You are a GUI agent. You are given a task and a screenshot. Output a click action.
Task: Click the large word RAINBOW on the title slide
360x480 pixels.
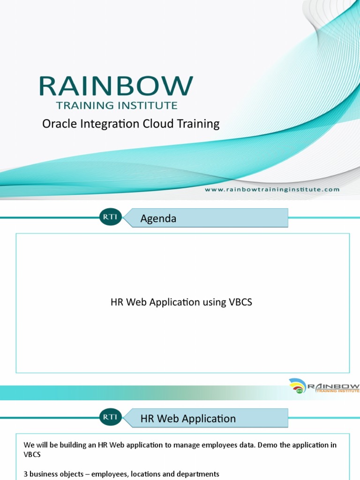116,86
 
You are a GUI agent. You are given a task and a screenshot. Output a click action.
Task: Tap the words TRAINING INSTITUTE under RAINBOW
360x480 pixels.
117,105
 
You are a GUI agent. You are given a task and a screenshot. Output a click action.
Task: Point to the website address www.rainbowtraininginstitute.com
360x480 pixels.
272,189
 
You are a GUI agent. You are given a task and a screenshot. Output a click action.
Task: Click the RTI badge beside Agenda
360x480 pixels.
110,217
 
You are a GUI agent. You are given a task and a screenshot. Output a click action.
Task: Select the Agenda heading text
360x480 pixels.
158,218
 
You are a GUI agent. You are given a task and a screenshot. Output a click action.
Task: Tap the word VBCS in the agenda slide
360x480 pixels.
240,302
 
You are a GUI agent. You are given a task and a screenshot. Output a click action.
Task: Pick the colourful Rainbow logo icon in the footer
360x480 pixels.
298,386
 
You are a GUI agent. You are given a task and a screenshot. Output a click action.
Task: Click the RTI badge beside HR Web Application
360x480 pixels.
110,417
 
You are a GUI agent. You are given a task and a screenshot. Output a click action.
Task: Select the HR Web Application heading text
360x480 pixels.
188,419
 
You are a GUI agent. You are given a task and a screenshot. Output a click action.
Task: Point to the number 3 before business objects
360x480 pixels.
25,474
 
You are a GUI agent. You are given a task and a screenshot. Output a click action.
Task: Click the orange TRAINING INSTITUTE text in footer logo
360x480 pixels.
337,390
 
